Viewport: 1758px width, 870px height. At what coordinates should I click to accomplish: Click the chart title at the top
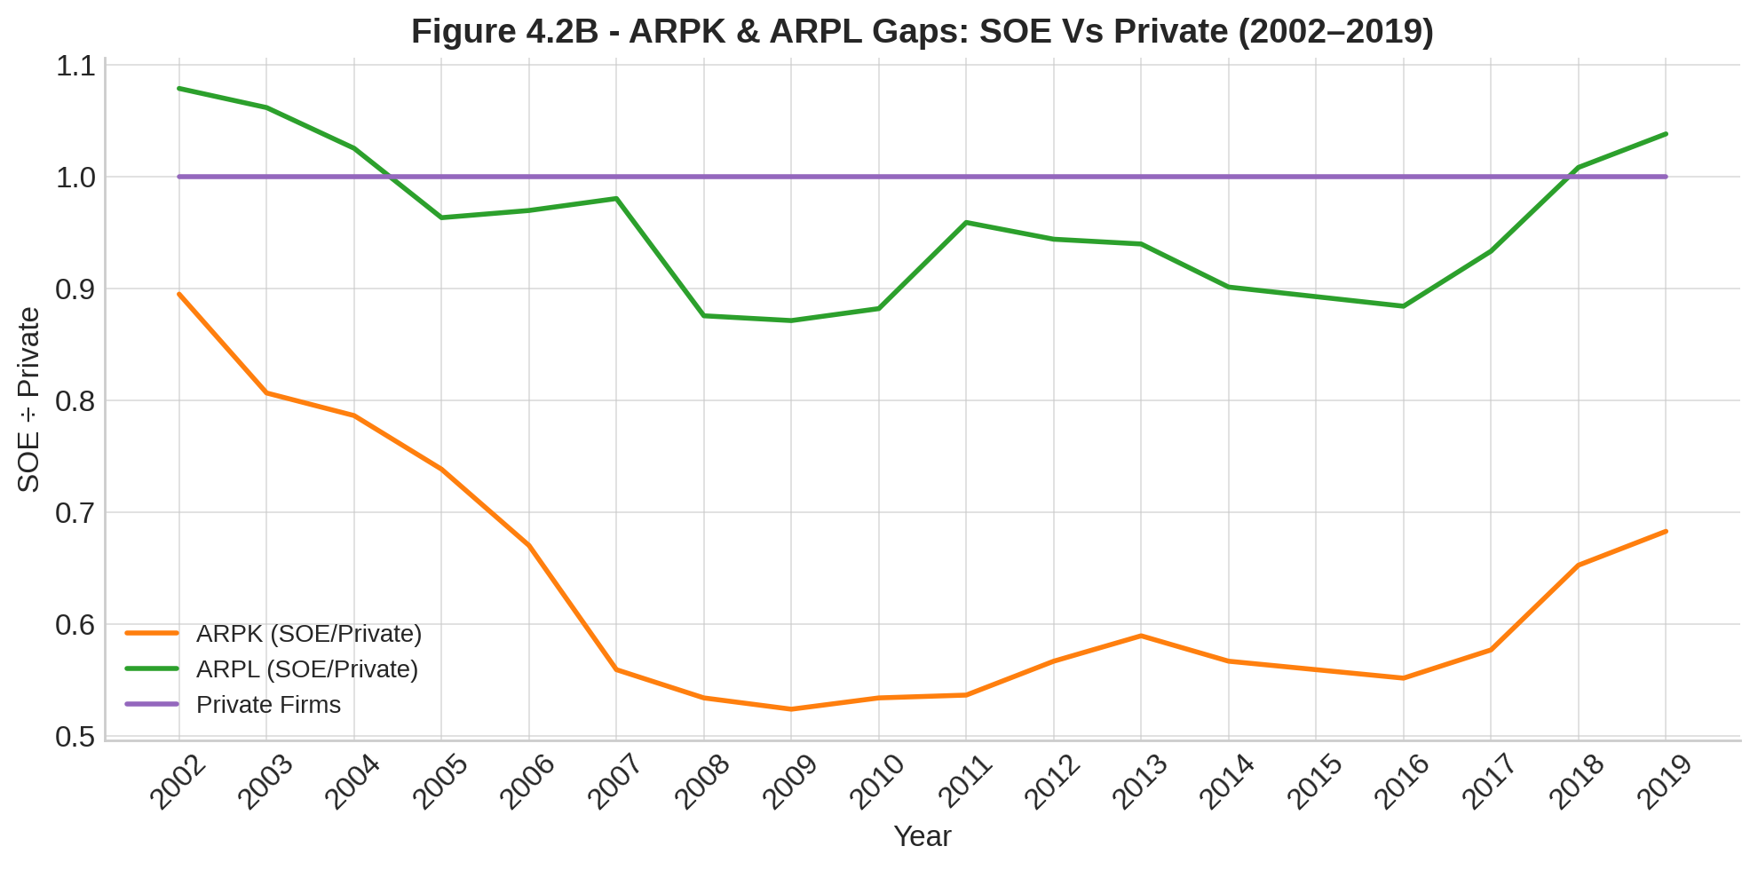tap(922, 32)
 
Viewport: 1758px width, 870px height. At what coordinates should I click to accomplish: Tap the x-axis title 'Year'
tap(922, 836)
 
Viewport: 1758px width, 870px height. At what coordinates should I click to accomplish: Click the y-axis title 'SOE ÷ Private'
tap(28, 399)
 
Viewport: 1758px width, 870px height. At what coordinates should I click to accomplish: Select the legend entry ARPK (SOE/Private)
tap(308, 634)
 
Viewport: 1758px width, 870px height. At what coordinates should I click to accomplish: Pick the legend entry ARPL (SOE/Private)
tap(306, 668)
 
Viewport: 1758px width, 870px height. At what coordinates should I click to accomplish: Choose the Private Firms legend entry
tap(268, 704)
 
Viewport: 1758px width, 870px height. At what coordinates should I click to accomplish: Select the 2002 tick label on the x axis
tap(177, 782)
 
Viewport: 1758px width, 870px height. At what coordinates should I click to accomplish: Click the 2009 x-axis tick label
tap(788, 782)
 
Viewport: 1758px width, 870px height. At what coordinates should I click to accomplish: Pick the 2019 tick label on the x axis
tap(1663, 782)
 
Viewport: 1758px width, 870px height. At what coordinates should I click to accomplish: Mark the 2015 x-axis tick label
tap(1313, 782)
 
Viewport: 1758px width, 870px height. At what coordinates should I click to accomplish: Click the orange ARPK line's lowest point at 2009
tap(791, 709)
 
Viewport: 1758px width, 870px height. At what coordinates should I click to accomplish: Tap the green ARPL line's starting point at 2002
tap(179, 89)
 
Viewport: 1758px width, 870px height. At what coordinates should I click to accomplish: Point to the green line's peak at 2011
tap(966, 222)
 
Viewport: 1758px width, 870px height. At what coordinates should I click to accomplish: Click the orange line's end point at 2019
tap(1666, 531)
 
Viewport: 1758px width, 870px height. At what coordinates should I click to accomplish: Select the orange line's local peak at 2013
tap(1141, 636)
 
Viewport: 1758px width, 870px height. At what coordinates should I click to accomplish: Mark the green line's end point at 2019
tap(1666, 134)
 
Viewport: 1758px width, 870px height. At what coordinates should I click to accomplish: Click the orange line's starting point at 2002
tap(179, 294)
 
